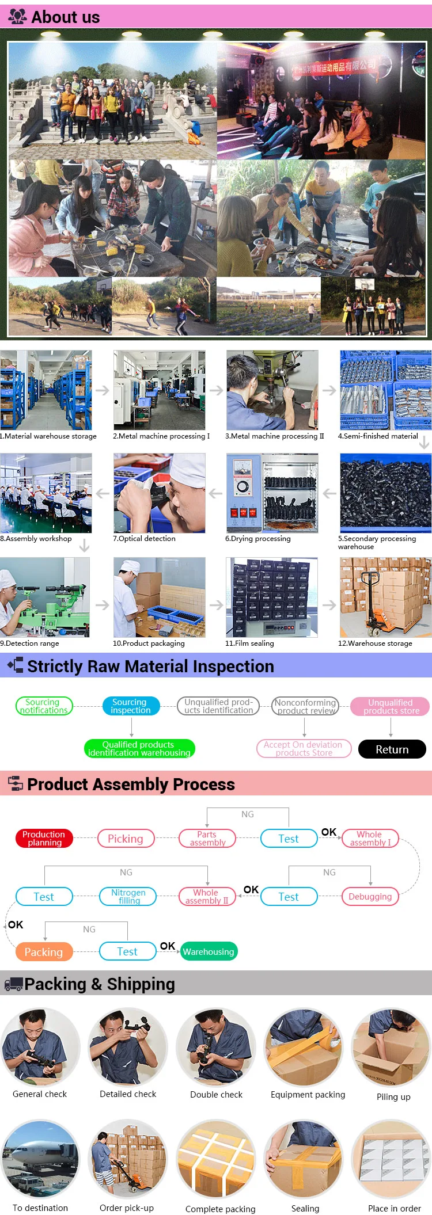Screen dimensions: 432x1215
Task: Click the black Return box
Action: click(392, 749)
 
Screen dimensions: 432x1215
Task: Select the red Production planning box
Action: click(44, 838)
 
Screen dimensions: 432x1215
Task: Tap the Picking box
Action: click(126, 839)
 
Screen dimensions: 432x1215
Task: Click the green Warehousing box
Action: click(209, 951)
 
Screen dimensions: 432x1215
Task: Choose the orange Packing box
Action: click(44, 952)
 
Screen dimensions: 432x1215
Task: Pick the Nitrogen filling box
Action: click(128, 896)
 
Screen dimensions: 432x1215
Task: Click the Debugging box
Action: click(370, 896)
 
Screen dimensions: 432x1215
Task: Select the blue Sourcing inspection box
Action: click(130, 706)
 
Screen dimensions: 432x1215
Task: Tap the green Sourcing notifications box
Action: click(43, 706)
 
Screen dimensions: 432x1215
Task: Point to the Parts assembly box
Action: click(207, 838)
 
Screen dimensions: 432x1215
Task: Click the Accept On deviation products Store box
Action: click(304, 748)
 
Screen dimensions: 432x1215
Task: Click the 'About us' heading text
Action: click(65, 17)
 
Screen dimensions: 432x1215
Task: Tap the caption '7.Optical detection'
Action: click(145, 539)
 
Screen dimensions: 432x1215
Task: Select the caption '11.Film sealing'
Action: click(249, 643)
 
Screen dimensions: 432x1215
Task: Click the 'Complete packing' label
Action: click(220, 1209)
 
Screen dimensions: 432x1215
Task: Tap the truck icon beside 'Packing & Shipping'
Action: click(13, 985)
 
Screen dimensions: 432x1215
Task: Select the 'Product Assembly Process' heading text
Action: click(131, 784)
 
